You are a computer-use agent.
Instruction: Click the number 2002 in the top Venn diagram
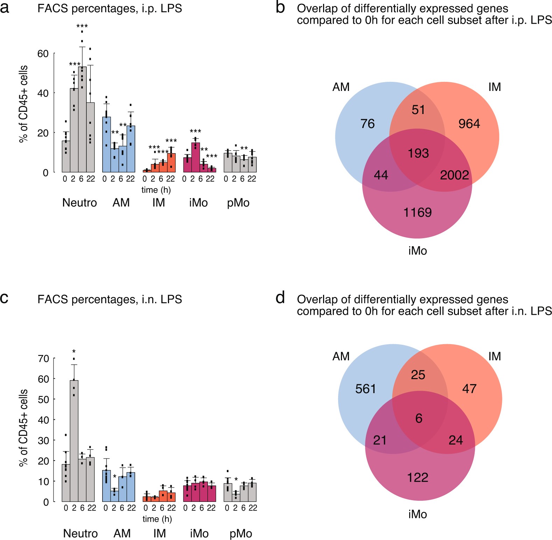[454, 175]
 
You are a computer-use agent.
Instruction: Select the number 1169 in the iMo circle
[417, 212]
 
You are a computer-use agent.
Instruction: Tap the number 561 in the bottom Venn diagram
[365, 389]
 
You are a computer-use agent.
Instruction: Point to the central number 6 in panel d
[419, 418]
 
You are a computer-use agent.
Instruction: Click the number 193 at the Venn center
[418, 153]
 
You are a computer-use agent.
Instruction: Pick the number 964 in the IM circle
[469, 123]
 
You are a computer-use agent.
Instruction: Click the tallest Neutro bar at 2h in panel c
[74, 441]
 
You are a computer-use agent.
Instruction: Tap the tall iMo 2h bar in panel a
[195, 157]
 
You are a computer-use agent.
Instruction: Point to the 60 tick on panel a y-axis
[43, 54]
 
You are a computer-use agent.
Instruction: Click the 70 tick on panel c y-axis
[43, 358]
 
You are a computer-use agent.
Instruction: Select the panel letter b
[280, 8]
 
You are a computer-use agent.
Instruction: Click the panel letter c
[4, 298]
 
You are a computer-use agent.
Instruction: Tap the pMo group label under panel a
[238, 202]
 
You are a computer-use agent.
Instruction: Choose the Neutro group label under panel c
[80, 533]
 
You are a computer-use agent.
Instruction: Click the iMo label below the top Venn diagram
[417, 251]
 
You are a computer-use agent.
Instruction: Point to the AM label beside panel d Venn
[341, 356]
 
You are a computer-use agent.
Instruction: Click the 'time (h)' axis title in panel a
[156, 190]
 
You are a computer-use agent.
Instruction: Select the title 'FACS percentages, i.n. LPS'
[110, 299]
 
